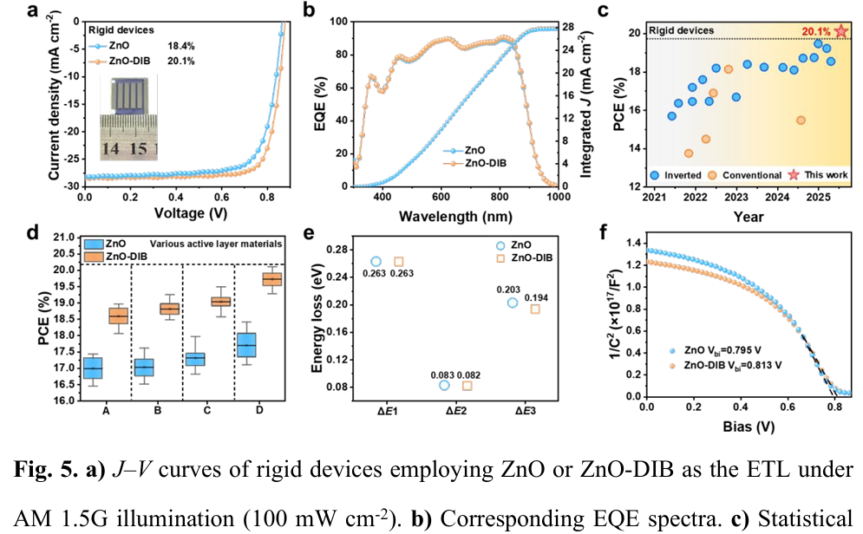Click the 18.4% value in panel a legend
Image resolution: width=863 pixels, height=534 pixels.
click(179, 44)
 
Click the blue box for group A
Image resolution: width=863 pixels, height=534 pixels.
click(92, 368)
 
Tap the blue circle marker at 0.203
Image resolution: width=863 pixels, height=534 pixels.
click(513, 303)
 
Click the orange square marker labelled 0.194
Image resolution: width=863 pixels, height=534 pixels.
click(535, 309)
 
